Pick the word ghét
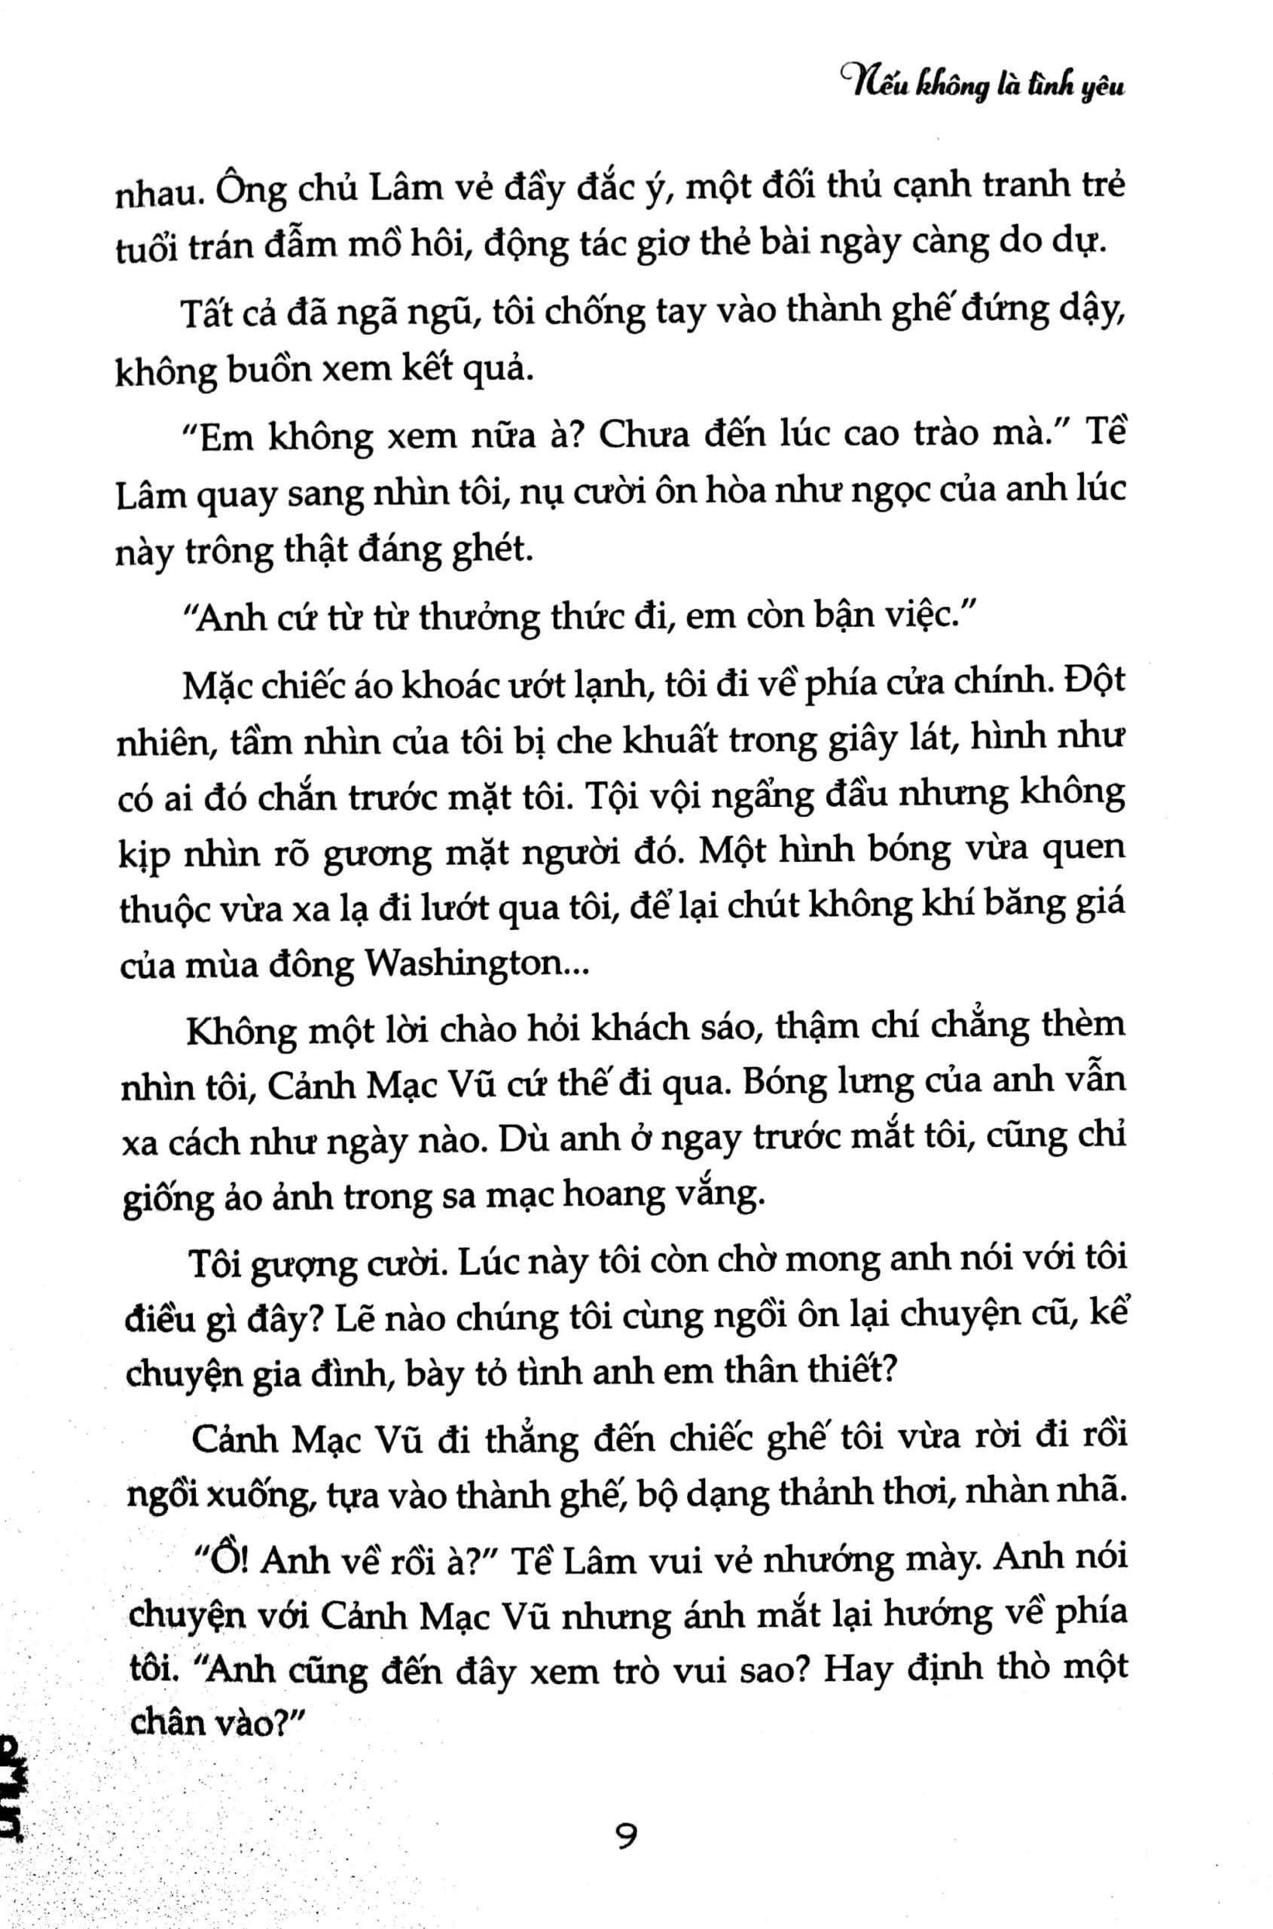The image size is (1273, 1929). (x=497, y=552)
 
